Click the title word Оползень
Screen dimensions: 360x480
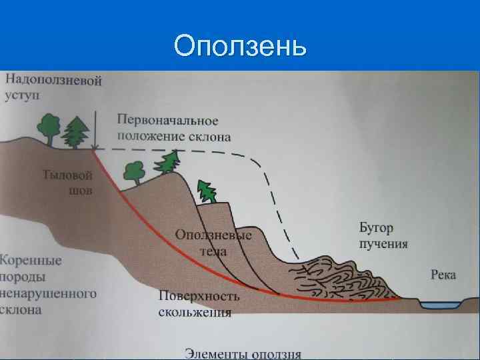point(240,47)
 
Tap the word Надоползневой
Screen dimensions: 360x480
point(54,81)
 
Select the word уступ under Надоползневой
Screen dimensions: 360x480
point(23,95)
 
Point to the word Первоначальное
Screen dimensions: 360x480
point(167,121)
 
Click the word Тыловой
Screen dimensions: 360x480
point(67,176)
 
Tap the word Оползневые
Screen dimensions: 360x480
point(213,235)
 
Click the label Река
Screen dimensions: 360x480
point(443,274)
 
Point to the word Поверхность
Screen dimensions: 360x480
point(199,297)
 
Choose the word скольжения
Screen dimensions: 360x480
point(195,312)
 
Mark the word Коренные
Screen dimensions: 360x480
point(31,260)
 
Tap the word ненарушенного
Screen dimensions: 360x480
point(49,293)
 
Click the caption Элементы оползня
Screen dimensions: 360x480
point(243,353)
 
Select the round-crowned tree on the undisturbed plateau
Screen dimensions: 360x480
point(49,126)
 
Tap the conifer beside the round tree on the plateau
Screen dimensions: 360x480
point(75,133)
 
